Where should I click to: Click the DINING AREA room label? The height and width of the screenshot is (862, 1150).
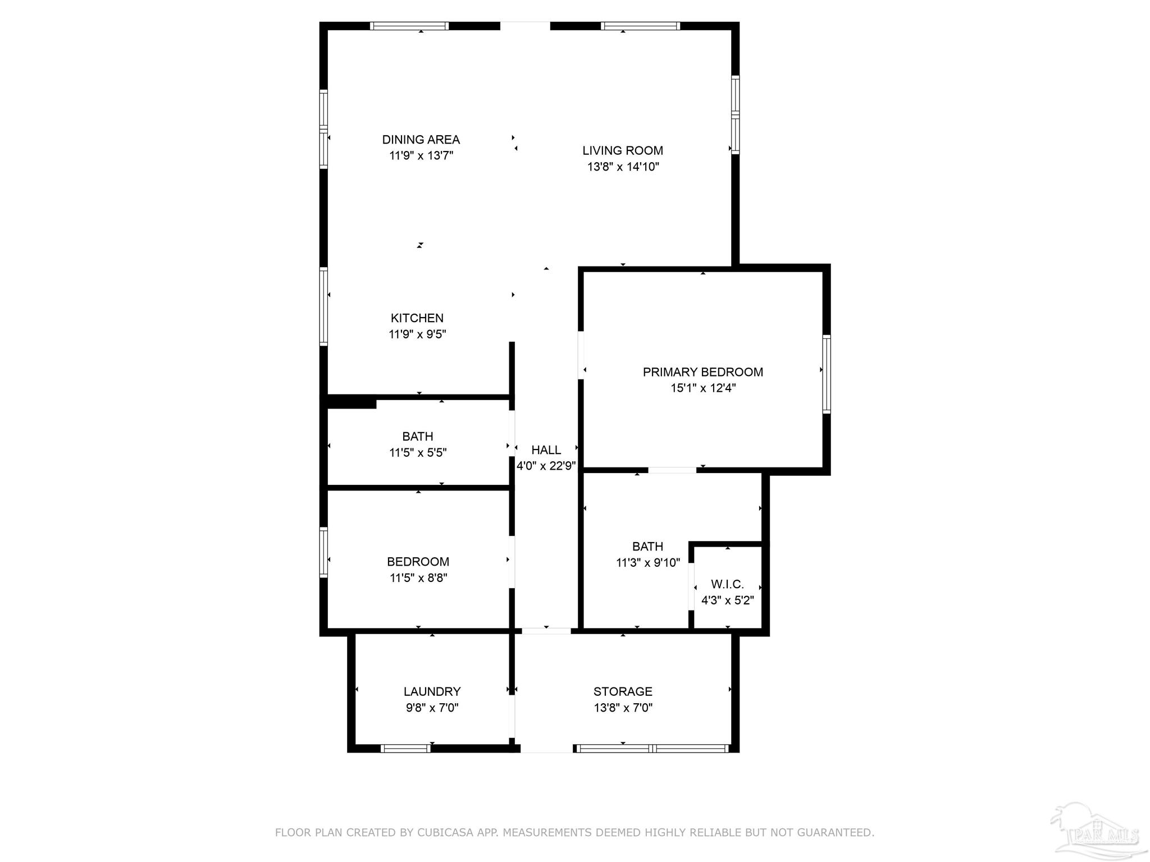click(421, 140)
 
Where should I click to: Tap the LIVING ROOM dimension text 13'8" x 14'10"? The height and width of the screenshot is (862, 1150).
click(623, 167)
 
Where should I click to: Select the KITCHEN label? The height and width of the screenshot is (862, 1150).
click(417, 318)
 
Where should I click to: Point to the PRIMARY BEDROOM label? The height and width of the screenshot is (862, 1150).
click(702, 372)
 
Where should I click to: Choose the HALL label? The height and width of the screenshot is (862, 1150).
click(546, 450)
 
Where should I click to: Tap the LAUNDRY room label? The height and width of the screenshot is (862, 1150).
click(432, 692)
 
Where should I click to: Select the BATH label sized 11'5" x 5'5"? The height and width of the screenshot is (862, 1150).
click(417, 437)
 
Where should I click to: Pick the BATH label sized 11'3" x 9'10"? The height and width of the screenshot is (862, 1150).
click(647, 547)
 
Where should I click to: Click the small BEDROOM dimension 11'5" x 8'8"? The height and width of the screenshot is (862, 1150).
click(418, 578)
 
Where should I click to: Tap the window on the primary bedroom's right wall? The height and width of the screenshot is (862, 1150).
click(826, 374)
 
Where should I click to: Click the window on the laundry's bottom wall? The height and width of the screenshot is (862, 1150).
click(405, 748)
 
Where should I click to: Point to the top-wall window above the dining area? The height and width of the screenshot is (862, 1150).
click(409, 26)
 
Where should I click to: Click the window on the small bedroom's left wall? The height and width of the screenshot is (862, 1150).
click(323, 552)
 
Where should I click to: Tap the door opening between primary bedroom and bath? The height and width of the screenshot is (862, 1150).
click(672, 470)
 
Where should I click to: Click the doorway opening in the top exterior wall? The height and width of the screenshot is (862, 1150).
click(525, 26)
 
